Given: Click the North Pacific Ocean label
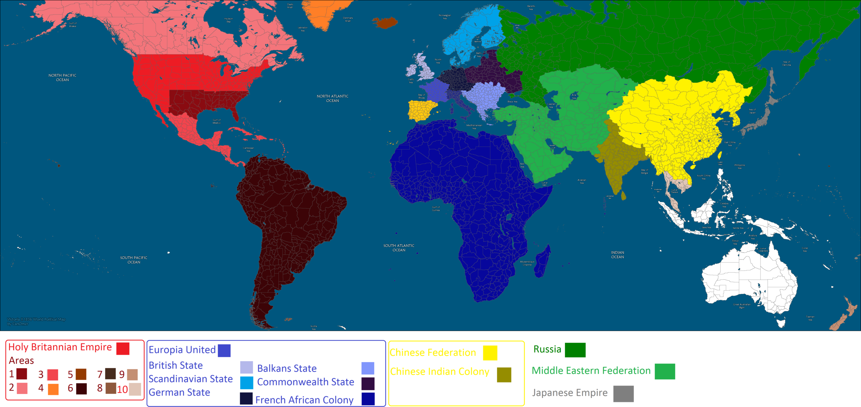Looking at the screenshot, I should coord(62,78).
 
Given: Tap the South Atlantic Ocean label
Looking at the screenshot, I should coord(399,248).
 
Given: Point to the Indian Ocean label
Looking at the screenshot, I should coord(617,255).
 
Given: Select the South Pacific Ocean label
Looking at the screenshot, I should coord(134,260).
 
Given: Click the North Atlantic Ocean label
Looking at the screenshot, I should coord(332,98).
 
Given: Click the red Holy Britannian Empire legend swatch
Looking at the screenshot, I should coord(123,349).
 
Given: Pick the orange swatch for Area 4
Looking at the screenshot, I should coord(53,389).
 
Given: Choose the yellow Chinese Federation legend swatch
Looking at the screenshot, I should coord(490,353).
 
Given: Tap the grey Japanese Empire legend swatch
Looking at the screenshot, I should coord(623,394).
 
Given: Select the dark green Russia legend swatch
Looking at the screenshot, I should coord(575,350).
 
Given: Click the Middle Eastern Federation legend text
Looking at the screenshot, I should coord(591,371).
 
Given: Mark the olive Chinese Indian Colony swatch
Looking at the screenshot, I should coord(504,375).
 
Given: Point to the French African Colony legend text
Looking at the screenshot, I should coord(304,400).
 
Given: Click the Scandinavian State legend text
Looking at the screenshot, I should coord(191,379).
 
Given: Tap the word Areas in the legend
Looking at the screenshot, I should coord(21,361).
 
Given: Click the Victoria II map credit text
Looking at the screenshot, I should coord(36,322).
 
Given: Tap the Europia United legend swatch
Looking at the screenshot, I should coord(224,351).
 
